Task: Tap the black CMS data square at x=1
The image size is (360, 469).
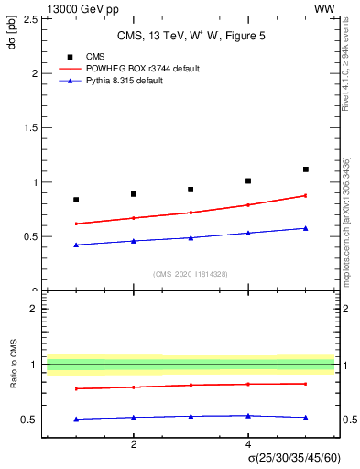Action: [76, 200]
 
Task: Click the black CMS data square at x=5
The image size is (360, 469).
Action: [306, 169]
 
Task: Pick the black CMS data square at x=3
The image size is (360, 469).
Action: [191, 190]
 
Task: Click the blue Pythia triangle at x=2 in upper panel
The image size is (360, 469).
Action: [134, 241]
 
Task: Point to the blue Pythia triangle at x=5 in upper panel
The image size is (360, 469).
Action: [306, 228]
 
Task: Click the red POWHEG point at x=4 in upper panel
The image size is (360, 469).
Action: [248, 204]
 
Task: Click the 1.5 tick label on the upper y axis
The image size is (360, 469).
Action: [32, 127]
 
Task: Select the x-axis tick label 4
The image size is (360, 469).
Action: [248, 444]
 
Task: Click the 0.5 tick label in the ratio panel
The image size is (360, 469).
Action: [32, 420]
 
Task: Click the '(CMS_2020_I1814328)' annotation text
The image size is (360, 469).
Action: [191, 274]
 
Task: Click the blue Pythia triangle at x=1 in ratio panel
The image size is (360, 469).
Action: [76, 419]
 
